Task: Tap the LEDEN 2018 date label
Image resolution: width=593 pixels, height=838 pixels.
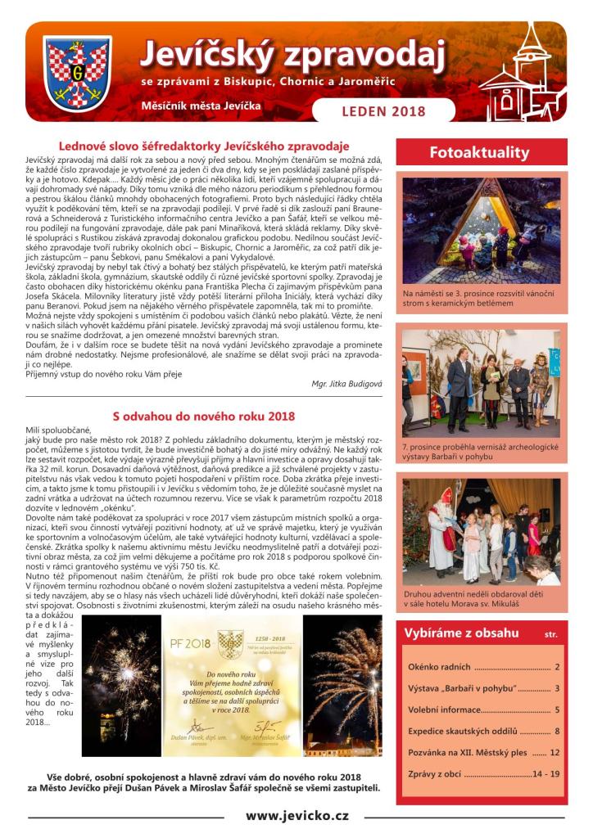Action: [384, 110]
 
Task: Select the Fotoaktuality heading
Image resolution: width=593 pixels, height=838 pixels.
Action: [479, 152]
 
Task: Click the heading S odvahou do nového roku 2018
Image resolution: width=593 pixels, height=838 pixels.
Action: [203, 416]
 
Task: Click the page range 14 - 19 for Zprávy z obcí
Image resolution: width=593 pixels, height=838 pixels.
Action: [545, 773]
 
